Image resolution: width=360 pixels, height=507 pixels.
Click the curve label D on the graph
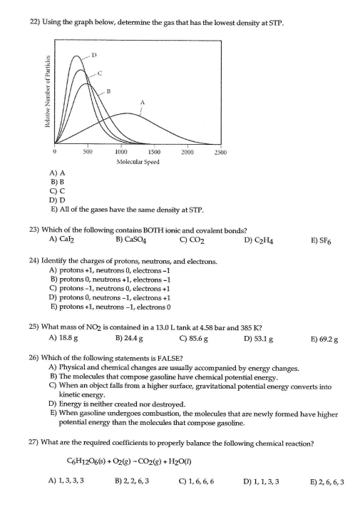93,55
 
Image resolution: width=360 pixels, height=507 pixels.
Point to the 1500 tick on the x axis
153,152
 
